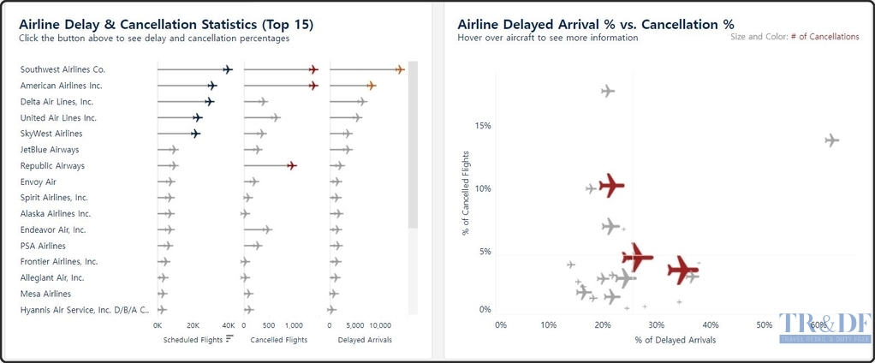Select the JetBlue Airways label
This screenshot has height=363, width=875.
[x=50, y=150]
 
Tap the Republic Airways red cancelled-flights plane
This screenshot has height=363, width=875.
[x=291, y=166]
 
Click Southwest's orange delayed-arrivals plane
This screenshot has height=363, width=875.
[x=399, y=69]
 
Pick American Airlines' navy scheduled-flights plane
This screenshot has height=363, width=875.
[x=211, y=86]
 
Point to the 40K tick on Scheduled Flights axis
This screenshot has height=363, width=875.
[x=228, y=325]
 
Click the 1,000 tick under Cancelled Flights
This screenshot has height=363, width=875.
[x=293, y=325]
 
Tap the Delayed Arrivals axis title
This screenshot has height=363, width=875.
[x=365, y=340]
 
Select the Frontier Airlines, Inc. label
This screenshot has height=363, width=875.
[x=59, y=262]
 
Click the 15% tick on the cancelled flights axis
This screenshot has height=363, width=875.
[x=483, y=126]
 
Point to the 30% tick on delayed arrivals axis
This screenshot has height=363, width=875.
[x=658, y=325]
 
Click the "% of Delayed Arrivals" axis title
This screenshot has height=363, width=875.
[x=675, y=340]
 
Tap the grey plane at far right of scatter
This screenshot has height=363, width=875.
[x=831, y=140]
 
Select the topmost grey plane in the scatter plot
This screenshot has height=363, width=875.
[x=608, y=91]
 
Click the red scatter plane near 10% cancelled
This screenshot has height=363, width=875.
[x=611, y=185]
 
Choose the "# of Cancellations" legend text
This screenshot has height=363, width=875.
[x=824, y=37]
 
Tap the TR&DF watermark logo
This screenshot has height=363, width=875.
[x=824, y=328]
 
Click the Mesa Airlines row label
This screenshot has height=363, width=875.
[x=50, y=294]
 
